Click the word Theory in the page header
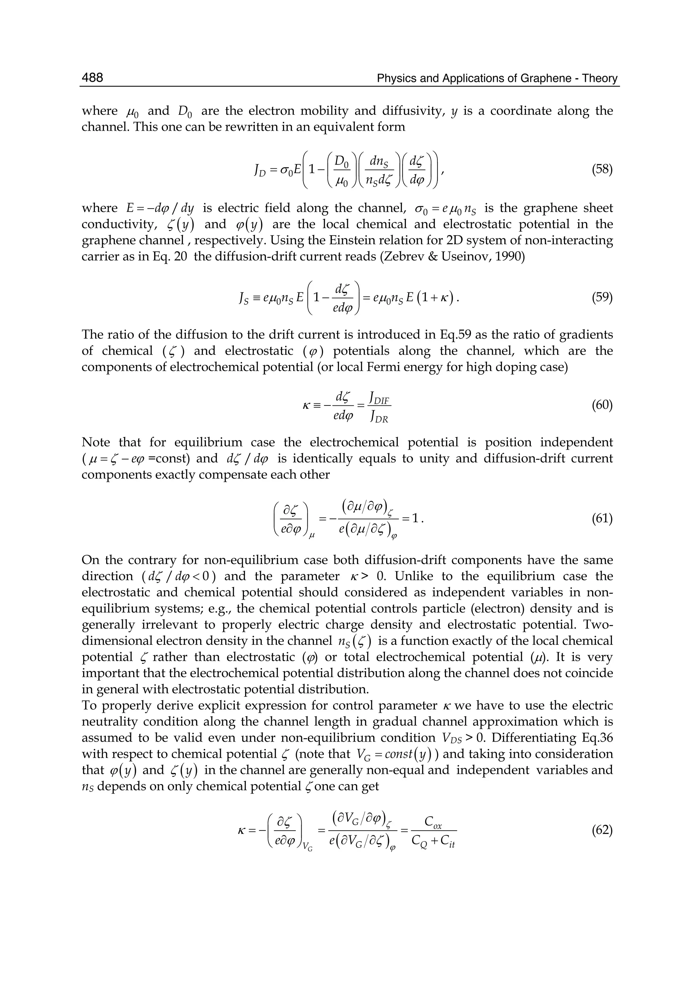tap(600, 78)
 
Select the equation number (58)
tap(602, 169)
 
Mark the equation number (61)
tap(602, 519)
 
